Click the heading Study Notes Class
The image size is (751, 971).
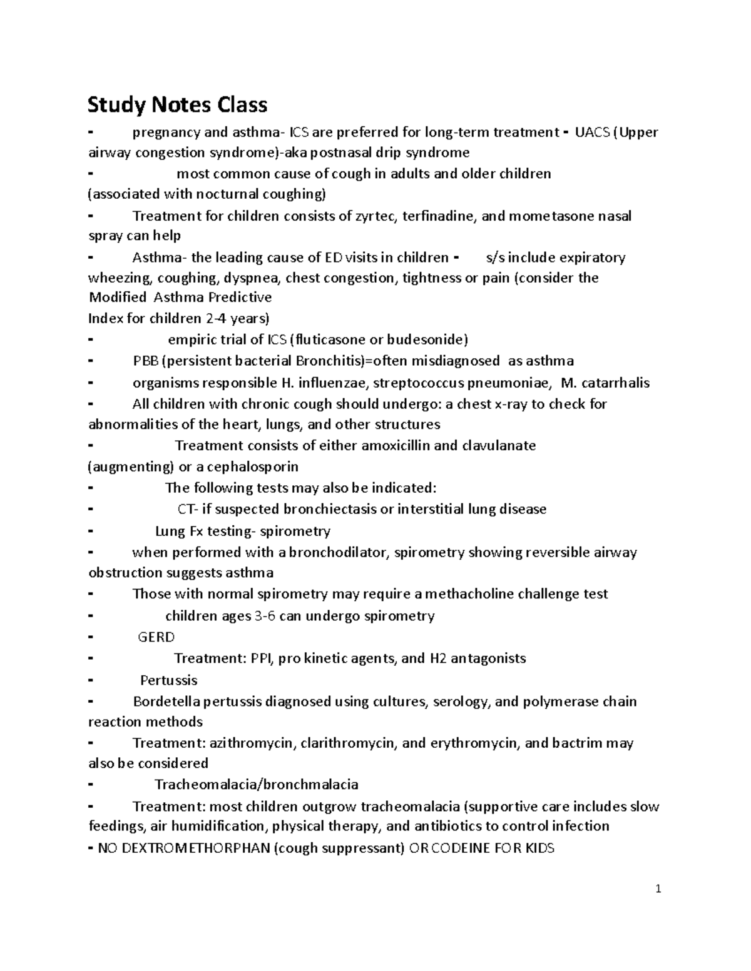point(177,104)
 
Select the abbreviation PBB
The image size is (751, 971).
point(145,361)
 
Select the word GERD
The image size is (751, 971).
point(156,637)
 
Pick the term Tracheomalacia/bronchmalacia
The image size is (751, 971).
point(257,785)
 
